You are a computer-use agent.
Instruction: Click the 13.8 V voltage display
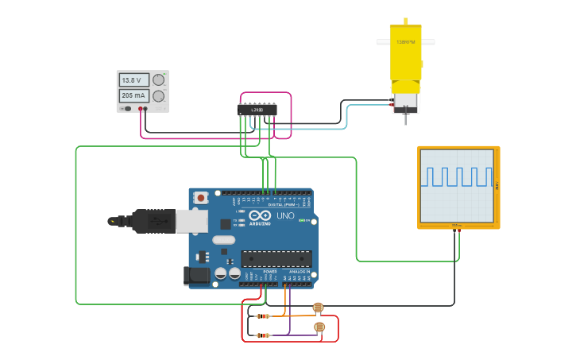coord(133,79)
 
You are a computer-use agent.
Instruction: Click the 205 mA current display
coord(133,96)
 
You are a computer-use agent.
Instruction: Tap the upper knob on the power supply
coord(159,79)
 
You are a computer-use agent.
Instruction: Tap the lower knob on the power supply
coord(159,96)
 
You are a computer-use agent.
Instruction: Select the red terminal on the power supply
coord(140,109)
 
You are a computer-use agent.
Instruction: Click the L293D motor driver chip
coord(257,110)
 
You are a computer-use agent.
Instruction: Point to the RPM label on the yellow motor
coord(405,42)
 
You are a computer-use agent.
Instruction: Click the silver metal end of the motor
coord(406,102)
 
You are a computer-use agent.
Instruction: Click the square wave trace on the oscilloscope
coord(458,176)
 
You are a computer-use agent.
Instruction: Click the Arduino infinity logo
coord(260,215)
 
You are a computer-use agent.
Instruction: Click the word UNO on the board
coord(284,215)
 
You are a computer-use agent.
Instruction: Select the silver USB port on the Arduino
coord(191,221)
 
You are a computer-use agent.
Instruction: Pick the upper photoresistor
coord(318,308)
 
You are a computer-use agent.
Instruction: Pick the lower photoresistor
coord(319,327)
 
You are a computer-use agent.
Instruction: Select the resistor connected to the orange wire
coord(263,315)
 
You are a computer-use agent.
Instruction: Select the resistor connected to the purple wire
coord(263,335)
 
